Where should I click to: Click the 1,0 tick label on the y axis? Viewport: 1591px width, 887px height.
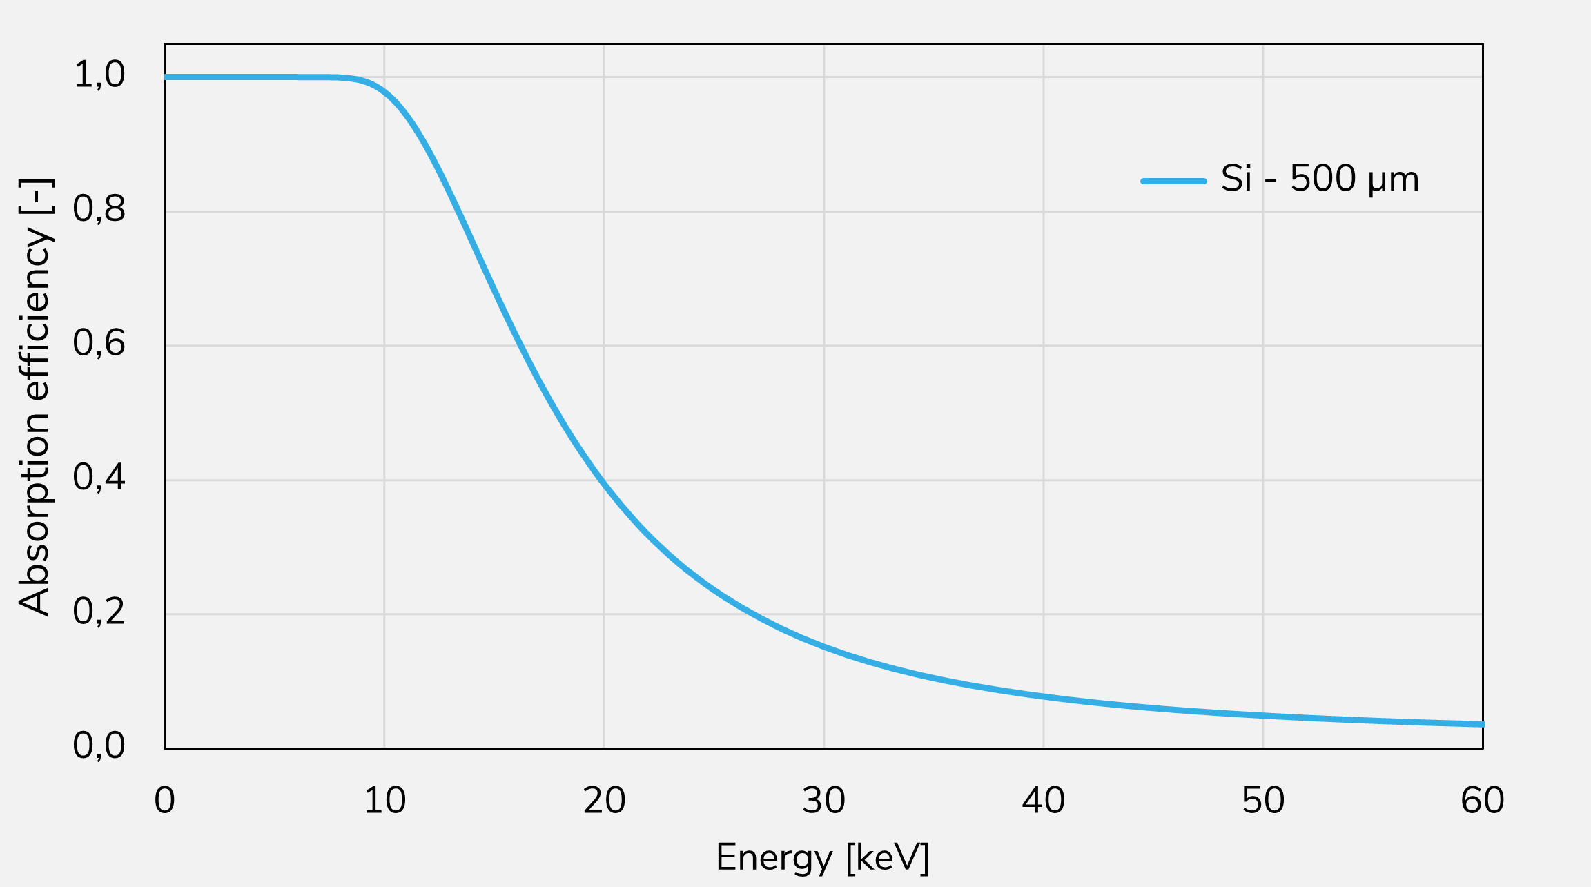click(99, 75)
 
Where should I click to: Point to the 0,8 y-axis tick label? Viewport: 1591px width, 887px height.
click(99, 209)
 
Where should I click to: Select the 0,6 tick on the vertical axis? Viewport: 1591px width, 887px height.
click(99, 343)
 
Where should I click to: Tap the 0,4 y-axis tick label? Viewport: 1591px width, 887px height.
click(99, 478)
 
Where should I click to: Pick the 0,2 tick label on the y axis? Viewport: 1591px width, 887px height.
click(99, 612)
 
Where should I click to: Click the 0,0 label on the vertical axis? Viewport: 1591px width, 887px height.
click(99, 746)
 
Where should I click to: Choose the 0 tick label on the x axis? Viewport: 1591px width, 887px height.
click(164, 801)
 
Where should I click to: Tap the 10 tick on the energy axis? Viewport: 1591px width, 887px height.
click(384, 801)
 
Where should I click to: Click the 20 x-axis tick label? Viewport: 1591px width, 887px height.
click(604, 801)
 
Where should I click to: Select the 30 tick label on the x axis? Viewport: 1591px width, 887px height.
click(823, 801)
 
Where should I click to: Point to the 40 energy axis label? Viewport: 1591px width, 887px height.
click(1043, 801)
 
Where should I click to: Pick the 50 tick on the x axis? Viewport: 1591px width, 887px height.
click(1263, 801)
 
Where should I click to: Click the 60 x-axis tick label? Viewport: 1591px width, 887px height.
click(1483, 801)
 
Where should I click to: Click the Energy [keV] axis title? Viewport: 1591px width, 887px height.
click(823, 858)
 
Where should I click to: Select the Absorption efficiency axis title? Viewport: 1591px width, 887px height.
click(35, 397)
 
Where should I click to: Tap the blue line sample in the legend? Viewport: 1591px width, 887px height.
click(1173, 181)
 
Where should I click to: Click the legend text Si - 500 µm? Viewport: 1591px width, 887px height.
click(1320, 179)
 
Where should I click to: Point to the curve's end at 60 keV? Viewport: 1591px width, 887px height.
click(1481, 724)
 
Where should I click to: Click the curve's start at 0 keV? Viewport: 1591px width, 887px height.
click(166, 77)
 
